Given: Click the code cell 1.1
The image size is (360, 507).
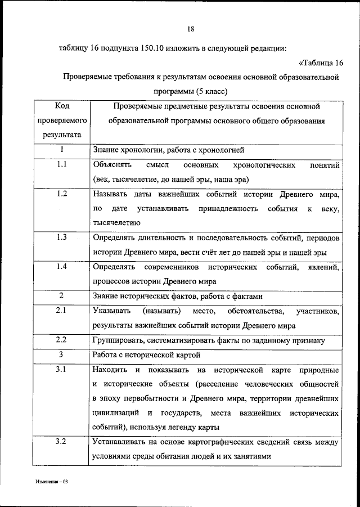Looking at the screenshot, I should [x=62, y=164].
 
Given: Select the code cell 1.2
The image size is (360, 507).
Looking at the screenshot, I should [x=62, y=194].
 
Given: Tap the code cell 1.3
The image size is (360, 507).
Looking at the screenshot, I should [x=62, y=237].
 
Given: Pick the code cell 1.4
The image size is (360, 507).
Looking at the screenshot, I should [x=62, y=266].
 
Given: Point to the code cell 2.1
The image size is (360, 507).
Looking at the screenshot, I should [x=62, y=311].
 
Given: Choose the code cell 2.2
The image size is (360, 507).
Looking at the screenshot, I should [x=62, y=340].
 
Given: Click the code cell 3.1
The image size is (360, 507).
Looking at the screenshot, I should [x=62, y=369].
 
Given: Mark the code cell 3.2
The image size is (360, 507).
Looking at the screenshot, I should [x=62, y=442].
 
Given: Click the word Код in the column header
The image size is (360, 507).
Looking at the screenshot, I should [x=62, y=106].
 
